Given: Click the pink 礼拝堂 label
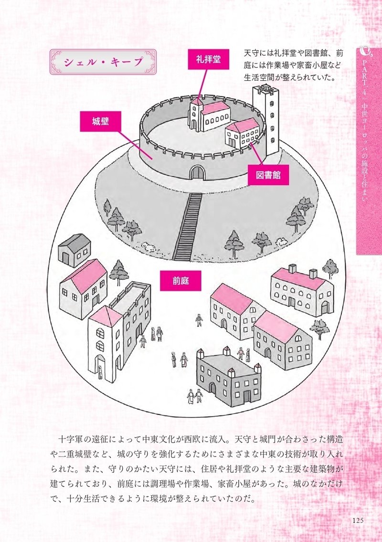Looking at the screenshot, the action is (x=208, y=60).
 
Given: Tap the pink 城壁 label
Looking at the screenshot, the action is (x=101, y=121).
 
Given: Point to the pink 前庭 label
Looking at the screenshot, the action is (x=181, y=280).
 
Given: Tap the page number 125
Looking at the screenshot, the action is (x=358, y=520).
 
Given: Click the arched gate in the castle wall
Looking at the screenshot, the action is (x=197, y=172).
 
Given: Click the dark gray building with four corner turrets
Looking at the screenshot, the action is (x=229, y=380).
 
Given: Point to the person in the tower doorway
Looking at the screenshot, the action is (x=100, y=372).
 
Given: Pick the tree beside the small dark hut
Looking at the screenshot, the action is (x=117, y=272).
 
